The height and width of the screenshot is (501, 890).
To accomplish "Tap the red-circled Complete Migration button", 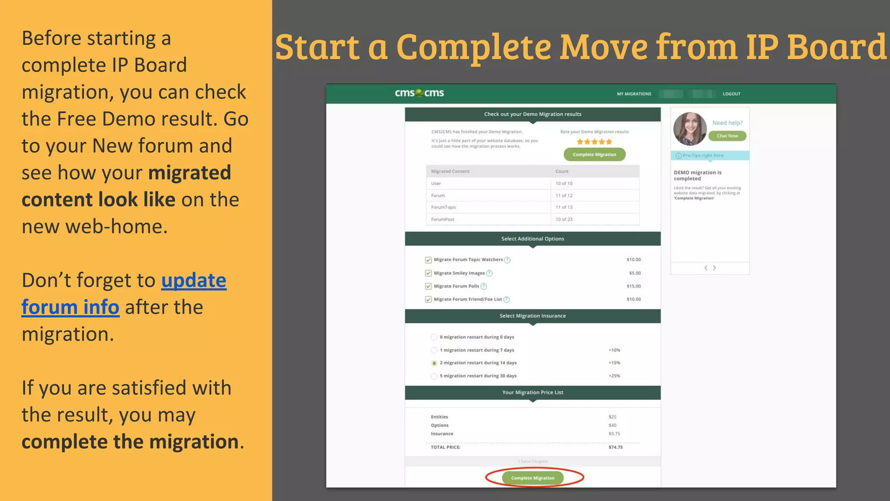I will tap(533, 478).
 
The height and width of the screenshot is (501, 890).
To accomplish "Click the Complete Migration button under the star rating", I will tap(594, 154).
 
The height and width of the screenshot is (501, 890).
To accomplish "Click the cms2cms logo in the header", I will tap(419, 93).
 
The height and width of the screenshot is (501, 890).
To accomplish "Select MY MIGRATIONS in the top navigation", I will tap(634, 94).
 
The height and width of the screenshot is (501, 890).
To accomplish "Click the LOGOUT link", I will tap(731, 94).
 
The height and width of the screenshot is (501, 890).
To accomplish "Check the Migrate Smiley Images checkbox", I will tap(428, 274).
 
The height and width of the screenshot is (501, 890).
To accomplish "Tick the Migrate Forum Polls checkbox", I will tap(428, 287).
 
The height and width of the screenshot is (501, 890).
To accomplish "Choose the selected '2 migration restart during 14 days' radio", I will tap(434, 363).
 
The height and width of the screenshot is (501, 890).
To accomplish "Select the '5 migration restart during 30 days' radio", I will tap(434, 376).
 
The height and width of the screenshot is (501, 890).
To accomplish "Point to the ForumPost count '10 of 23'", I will tap(564, 220).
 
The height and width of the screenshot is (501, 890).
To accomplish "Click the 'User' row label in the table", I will tap(436, 184).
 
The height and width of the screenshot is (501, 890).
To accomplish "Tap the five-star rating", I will tap(594, 142).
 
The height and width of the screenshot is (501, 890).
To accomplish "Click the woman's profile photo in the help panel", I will tap(690, 129).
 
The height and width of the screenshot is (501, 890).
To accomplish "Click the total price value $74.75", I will tap(615, 447).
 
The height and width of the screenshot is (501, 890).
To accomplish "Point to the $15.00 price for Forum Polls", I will tap(634, 286).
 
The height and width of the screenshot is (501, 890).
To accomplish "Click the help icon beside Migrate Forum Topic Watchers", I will tap(507, 260).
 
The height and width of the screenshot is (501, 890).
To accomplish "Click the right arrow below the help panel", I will tap(714, 268).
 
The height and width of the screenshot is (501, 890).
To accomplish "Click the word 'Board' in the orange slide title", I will tap(837, 47).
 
